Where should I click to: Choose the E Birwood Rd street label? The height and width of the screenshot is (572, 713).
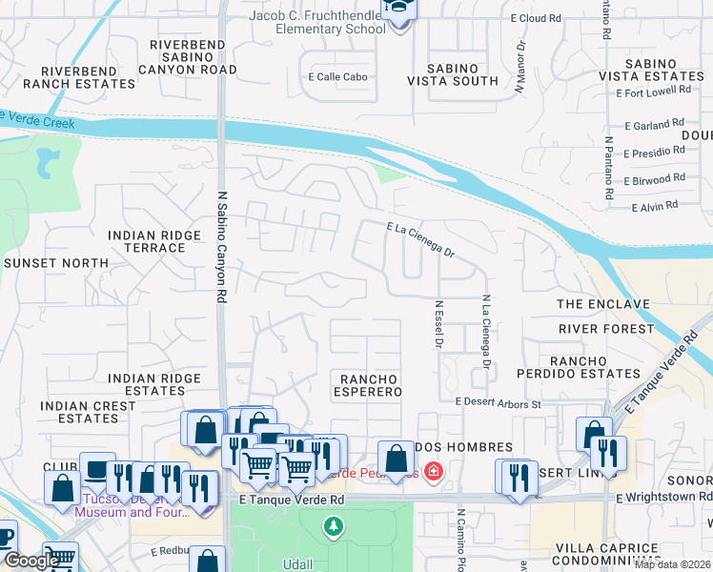[654, 178]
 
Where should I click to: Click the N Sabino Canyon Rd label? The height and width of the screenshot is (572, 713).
[221, 244]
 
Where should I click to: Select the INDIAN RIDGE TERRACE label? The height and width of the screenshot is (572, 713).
[147, 241]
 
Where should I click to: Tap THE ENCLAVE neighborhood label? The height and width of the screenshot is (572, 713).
[602, 304]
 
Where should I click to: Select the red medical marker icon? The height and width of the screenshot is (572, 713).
[434, 471]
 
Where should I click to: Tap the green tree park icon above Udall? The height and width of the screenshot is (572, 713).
[333, 525]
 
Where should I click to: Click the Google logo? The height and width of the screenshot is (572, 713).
[31, 561]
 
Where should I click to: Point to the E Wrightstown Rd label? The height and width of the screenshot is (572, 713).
[663, 497]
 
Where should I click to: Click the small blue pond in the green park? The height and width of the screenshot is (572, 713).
[45, 164]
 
